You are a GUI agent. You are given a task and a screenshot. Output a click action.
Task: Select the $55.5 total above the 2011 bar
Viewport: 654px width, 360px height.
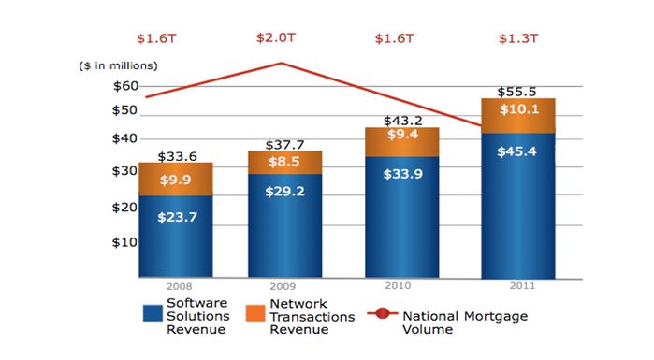(517, 93)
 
